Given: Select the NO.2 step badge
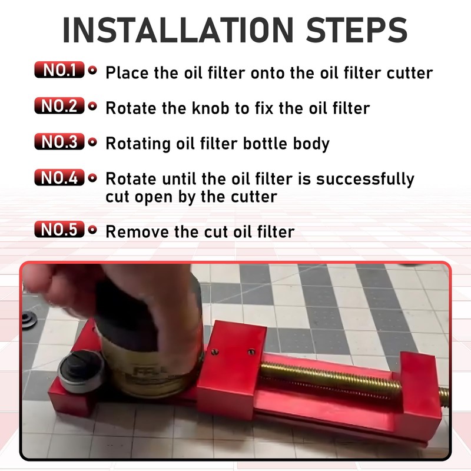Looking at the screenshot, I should coord(59,107).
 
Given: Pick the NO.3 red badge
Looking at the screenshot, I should coord(59,142).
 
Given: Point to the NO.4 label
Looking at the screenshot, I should coord(59,177).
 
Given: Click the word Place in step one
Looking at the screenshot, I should coord(126,73).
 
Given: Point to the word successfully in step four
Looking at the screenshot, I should coord(365,179).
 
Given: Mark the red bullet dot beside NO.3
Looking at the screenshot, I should coord(92,142).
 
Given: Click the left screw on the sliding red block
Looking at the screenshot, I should coord(215,352).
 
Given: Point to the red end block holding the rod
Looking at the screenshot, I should coord(419,383).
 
